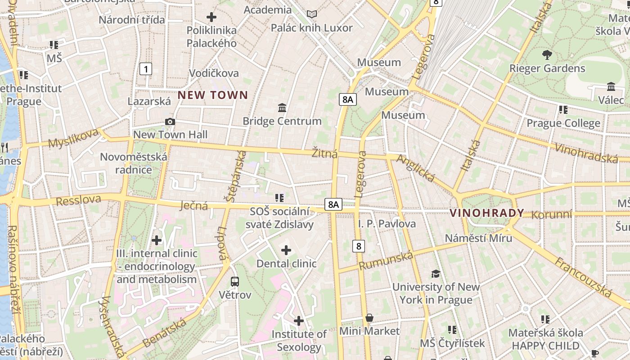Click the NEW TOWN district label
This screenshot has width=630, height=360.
(x=213, y=95)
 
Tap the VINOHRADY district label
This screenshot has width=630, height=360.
(x=487, y=213)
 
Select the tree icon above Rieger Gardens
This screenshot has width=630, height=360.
(x=547, y=55)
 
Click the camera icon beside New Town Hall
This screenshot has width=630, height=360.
(x=170, y=121)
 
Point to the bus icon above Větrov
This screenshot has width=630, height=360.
(x=235, y=282)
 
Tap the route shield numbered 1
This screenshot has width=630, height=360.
(x=145, y=69)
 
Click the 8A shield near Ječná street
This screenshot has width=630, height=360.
(x=333, y=204)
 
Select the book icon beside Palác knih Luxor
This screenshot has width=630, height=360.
(x=312, y=14)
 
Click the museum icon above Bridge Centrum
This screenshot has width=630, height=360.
(x=282, y=108)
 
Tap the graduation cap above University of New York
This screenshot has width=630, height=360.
(x=436, y=274)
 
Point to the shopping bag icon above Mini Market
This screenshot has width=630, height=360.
(x=369, y=318)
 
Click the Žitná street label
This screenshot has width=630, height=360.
(x=324, y=153)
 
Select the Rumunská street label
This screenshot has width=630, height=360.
(x=386, y=261)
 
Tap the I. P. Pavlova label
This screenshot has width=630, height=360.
(x=387, y=224)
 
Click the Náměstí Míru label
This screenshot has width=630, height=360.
(x=478, y=238)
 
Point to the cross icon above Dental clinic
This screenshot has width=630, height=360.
(x=286, y=250)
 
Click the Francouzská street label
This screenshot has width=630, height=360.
(x=583, y=277)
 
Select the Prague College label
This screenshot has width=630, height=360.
(x=563, y=123)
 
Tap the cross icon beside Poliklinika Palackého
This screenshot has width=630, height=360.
(x=211, y=17)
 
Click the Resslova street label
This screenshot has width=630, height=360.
(x=78, y=200)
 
